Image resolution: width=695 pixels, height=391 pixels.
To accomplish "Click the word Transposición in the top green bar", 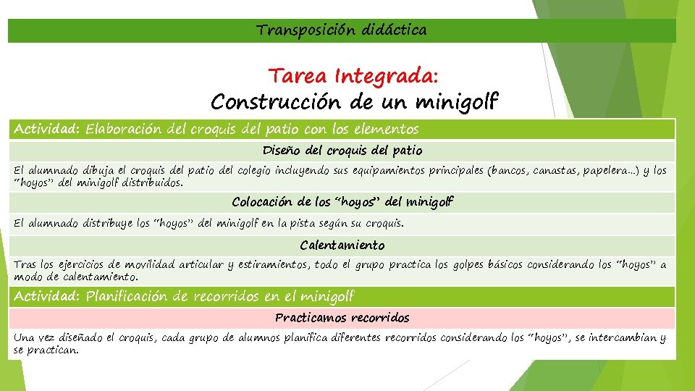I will point(299,30).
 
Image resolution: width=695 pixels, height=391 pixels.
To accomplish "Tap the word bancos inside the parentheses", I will point(508,171).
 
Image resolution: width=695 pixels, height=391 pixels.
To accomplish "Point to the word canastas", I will point(556,171).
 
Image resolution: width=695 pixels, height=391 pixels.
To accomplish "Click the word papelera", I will point(607,171).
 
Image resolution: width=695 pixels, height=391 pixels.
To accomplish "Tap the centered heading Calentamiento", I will point(342,245).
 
